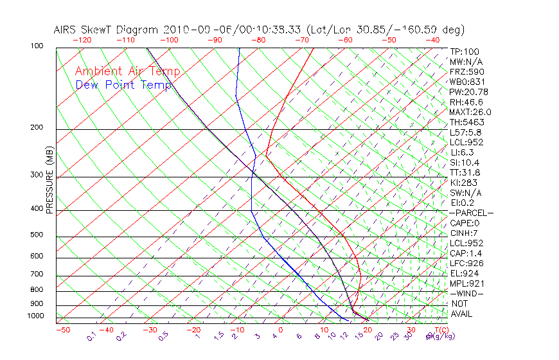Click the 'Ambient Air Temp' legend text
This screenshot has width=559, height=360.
pos(127,71)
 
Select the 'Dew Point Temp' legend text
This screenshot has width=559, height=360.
pos(123,85)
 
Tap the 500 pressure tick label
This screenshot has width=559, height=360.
pos(36,235)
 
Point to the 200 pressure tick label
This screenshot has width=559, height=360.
pos(36,127)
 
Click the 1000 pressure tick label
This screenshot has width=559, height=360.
pos(35,316)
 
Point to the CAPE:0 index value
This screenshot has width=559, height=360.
pos(465,223)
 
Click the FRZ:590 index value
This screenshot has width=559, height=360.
pos(467,71)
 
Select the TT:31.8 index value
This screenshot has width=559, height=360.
pos(465,172)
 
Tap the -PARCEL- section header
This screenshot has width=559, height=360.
pos(472,213)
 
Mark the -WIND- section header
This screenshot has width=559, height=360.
pos(466,293)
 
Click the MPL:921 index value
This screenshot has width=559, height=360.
pos(466,283)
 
